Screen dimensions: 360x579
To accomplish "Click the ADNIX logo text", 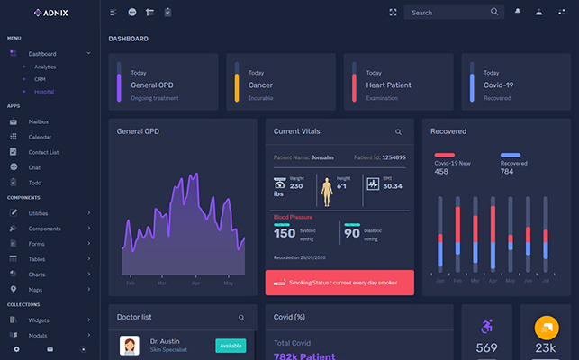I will pos(54,13).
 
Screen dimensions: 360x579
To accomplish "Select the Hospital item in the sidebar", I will pos(44,92).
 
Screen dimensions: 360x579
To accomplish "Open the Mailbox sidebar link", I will pos(38,121).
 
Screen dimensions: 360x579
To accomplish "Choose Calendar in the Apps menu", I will pos(40,137).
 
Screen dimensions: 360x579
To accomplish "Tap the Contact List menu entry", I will pos(43,152).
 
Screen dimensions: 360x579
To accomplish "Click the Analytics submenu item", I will pos(45,67).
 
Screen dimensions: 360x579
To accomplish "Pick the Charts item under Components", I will pos(37,274).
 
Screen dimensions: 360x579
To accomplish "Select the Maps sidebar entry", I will pos(35,289).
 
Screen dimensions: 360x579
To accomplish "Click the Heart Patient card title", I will pos(388,85).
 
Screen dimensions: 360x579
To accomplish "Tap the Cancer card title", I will pos(260,85).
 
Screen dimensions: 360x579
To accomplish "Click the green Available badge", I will pos(231,346).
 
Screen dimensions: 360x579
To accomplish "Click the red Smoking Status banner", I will pos(339,283).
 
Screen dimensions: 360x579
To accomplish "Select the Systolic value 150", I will pos(285,233).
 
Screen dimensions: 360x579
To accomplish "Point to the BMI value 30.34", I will pos(392,186).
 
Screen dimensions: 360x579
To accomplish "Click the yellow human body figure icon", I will pos(327,192).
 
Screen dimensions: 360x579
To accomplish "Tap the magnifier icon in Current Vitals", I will pos(398,131).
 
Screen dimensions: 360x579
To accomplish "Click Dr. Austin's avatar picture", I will pos(129,346).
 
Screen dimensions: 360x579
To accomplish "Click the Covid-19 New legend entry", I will pos(452,162).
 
